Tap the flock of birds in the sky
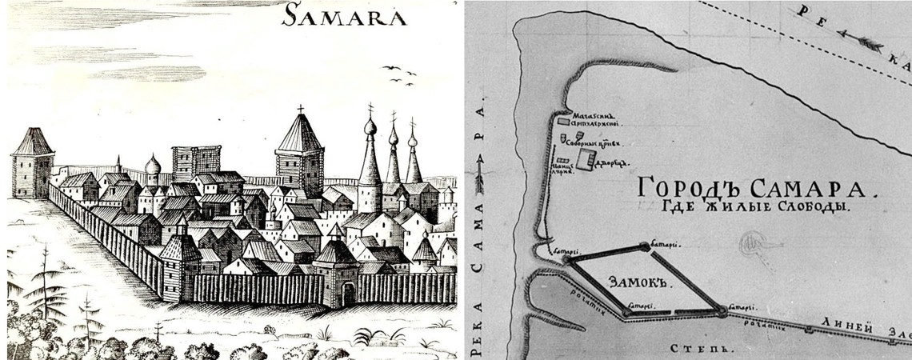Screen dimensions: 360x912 [x=398, y=74]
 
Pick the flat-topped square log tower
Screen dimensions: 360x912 [x=196, y=162]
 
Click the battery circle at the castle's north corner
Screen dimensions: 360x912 [x=645, y=246]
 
